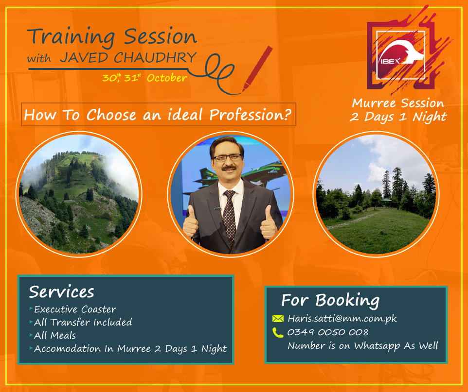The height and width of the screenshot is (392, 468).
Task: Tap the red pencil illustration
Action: point(257,69)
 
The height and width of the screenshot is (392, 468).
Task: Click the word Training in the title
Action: point(71,37)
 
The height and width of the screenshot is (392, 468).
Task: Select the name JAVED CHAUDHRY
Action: point(128,57)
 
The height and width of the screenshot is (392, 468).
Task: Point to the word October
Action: point(167,78)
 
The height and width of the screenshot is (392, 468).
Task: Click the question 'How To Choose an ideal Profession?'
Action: point(158,115)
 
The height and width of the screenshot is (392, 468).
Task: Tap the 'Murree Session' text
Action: point(398,103)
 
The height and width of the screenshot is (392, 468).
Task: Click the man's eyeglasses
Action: point(228,158)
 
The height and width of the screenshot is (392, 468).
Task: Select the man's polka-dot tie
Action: point(229,217)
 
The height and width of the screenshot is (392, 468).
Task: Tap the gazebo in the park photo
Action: point(387,203)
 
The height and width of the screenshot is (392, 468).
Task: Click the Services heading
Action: point(61,292)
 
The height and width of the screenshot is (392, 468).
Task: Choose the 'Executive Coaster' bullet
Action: point(75,309)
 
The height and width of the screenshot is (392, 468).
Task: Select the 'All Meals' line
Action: point(55,335)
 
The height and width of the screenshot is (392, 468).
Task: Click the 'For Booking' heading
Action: point(330,300)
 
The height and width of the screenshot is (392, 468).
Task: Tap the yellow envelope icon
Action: point(278,318)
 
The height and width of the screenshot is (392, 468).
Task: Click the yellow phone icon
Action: point(278,332)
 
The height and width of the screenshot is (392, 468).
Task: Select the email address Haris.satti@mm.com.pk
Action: point(342,319)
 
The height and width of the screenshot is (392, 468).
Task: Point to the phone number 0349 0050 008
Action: point(328,332)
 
